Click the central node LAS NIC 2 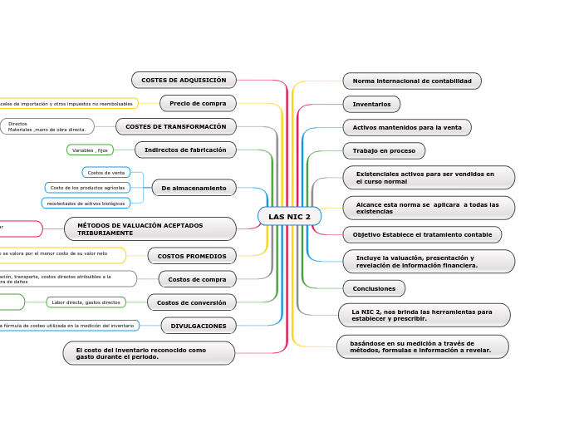(x=289, y=217)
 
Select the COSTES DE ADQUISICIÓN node (x=184, y=80)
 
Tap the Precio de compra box (x=198, y=103)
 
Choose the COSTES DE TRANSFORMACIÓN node (x=175, y=126)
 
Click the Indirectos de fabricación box (x=185, y=150)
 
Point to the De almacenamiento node (x=194, y=188)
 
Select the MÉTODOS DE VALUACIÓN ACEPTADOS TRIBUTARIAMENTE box (x=150, y=228)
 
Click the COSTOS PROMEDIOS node (x=192, y=256)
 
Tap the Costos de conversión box (x=191, y=302)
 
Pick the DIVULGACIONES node (x=199, y=326)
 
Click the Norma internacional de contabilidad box (x=411, y=81)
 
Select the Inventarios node (x=371, y=104)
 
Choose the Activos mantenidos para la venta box (x=406, y=127)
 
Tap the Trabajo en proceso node (x=384, y=150)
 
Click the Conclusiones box (x=374, y=288)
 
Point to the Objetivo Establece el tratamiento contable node (x=422, y=235)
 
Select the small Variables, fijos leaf (x=90, y=150)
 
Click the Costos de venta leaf (x=106, y=173)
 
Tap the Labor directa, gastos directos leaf (x=86, y=302)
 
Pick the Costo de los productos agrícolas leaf (x=87, y=188)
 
